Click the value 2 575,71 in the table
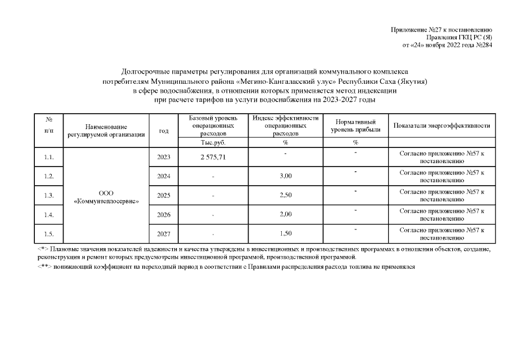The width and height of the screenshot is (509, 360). [213, 157]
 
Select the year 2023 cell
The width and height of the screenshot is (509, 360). [164, 157]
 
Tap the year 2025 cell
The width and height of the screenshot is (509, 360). [164, 196]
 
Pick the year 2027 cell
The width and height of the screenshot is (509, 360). [164, 233]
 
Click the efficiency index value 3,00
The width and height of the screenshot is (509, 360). [286, 177]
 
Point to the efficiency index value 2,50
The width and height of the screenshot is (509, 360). [286, 196]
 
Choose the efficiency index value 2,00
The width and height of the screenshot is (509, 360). [286, 215]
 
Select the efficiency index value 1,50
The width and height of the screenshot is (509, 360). [286, 233]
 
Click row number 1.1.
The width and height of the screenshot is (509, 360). [48, 157]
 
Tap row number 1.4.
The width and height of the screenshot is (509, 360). [48, 215]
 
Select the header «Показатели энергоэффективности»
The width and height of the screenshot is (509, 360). [442, 126]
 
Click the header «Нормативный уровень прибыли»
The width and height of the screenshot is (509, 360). [355, 126]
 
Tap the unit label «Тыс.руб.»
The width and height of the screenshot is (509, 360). [213, 143]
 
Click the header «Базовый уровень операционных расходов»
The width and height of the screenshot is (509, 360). [213, 127]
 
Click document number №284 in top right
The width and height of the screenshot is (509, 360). [483, 45]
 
